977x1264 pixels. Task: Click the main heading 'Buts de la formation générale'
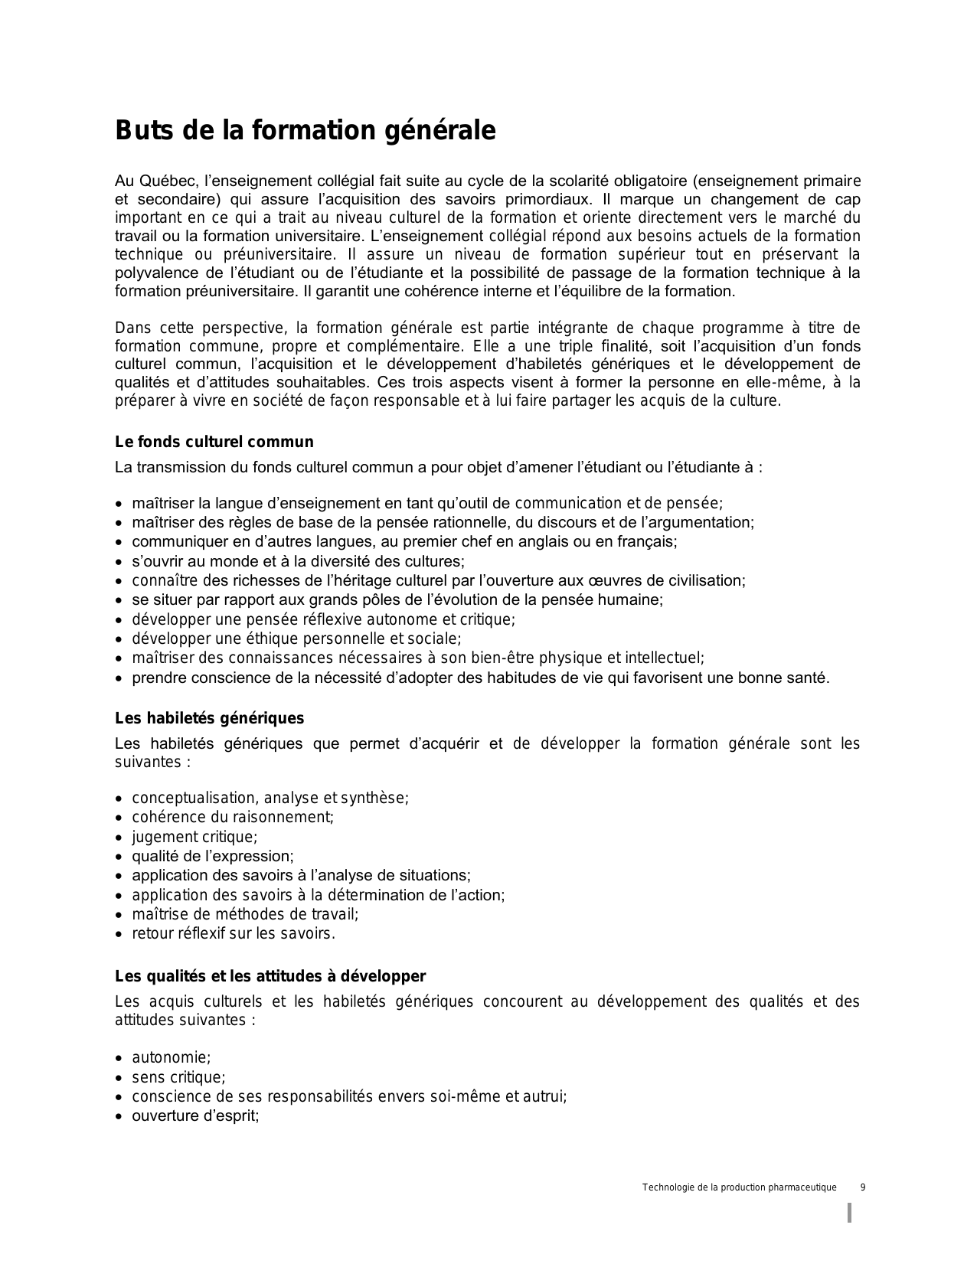[305, 131]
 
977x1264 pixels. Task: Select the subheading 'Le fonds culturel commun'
[214, 442]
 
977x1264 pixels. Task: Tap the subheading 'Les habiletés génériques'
[209, 718]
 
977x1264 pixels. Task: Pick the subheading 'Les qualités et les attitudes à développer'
[270, 976]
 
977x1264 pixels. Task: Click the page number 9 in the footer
[863, 1187]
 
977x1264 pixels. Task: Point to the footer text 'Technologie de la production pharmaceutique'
[739, 1187]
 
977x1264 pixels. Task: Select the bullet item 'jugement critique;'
[194, 837]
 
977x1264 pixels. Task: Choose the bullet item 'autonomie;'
[171, 1057]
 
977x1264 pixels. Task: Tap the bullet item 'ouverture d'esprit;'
[195, 1115]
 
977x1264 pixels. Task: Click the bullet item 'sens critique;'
[178, 1077]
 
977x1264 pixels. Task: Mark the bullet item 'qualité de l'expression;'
[212, 856]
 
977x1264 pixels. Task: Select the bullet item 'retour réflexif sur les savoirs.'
[234, 933]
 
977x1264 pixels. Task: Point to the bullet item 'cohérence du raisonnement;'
[233, 817]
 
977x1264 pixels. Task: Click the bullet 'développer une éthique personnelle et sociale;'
[296, 639]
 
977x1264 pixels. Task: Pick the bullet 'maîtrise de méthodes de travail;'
[245, 914]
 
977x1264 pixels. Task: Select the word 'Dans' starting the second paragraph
[132, 328]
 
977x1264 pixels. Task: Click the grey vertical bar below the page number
[850, 1213]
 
